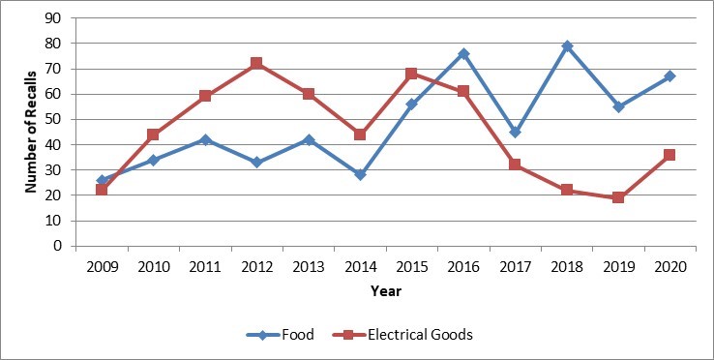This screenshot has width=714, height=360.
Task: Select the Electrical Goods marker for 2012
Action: pyautogui.click(x=256, y=63)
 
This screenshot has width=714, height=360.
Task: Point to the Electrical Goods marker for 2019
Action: pyautogui.click(x=618, y=197)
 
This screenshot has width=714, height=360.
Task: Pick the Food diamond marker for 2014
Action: pyautogui.click(x=360, y=175)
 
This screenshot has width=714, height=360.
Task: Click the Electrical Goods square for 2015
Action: pyautogui.click(x=411, y=74)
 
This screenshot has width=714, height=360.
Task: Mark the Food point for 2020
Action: pyautogui.click(x=669, y=76)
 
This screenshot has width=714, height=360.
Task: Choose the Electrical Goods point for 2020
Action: pyautogui.click(x=669, y=155)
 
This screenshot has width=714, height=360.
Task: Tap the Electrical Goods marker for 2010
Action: pyautogui.click(x=153, y=135)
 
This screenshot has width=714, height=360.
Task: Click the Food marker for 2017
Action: pyautogui.click(x=515, y=133)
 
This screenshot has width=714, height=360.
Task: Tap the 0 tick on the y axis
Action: pyautogui.click(x=62, y=246)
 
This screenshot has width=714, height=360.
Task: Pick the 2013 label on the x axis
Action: pyautogui.click(x=308, y=265)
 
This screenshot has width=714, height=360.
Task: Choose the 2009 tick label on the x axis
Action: pyautogui.click(x=102, y=265)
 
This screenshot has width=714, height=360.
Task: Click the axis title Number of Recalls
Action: pyautogui.click(x=29, y=133)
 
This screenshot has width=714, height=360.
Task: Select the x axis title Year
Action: pyautogui.click(x=385, y=289)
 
